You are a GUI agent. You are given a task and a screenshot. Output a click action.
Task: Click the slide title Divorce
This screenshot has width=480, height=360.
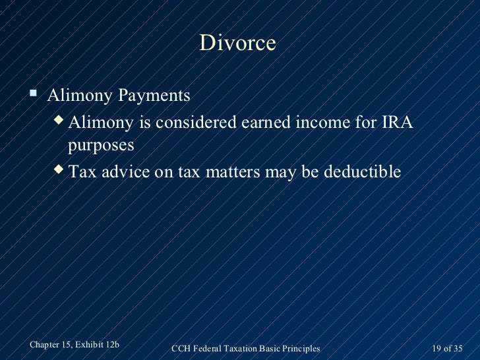[237, 44]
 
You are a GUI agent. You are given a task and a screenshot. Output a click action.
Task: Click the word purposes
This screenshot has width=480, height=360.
[100, 146]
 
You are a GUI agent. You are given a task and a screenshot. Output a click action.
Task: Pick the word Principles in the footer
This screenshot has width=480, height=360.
[299, 348]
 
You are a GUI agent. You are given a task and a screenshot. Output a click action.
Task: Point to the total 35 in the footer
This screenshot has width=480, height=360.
[458, 348]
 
